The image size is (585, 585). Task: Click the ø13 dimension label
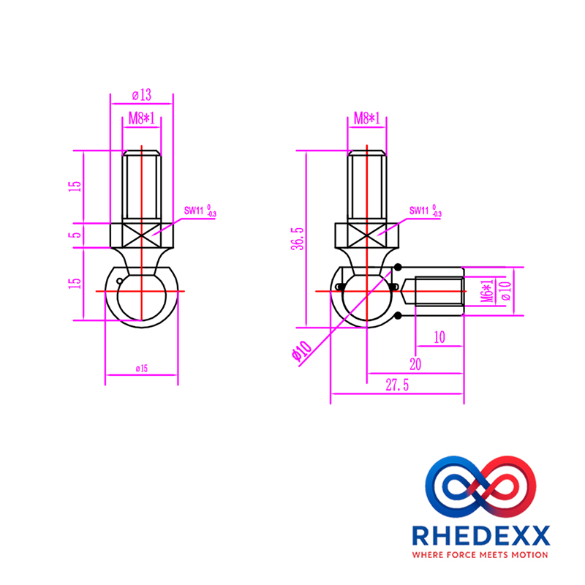pos(142,95)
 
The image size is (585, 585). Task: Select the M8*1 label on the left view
pos(141,118)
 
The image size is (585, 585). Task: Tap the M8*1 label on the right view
pos(367,118)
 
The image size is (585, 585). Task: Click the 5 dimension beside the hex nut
pos(76,235)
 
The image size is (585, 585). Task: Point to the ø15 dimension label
pos(142,369)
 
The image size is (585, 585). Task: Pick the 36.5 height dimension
pos(298,238)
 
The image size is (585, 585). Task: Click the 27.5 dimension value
pos(397,385)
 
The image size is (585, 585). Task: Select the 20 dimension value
pos(415,364)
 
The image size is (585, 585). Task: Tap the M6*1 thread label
pos(487,290)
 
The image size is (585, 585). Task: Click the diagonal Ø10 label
pos(301,351)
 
